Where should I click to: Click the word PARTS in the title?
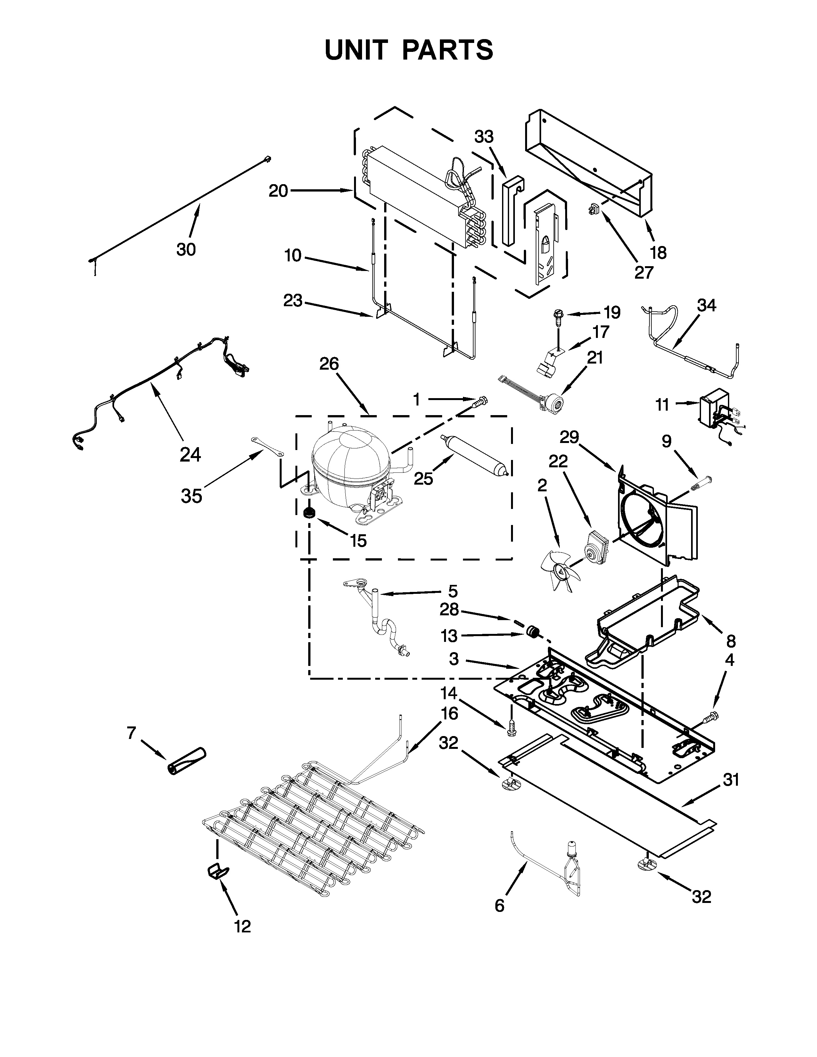448,50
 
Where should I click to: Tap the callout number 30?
186,250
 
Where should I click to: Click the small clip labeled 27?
593,209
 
